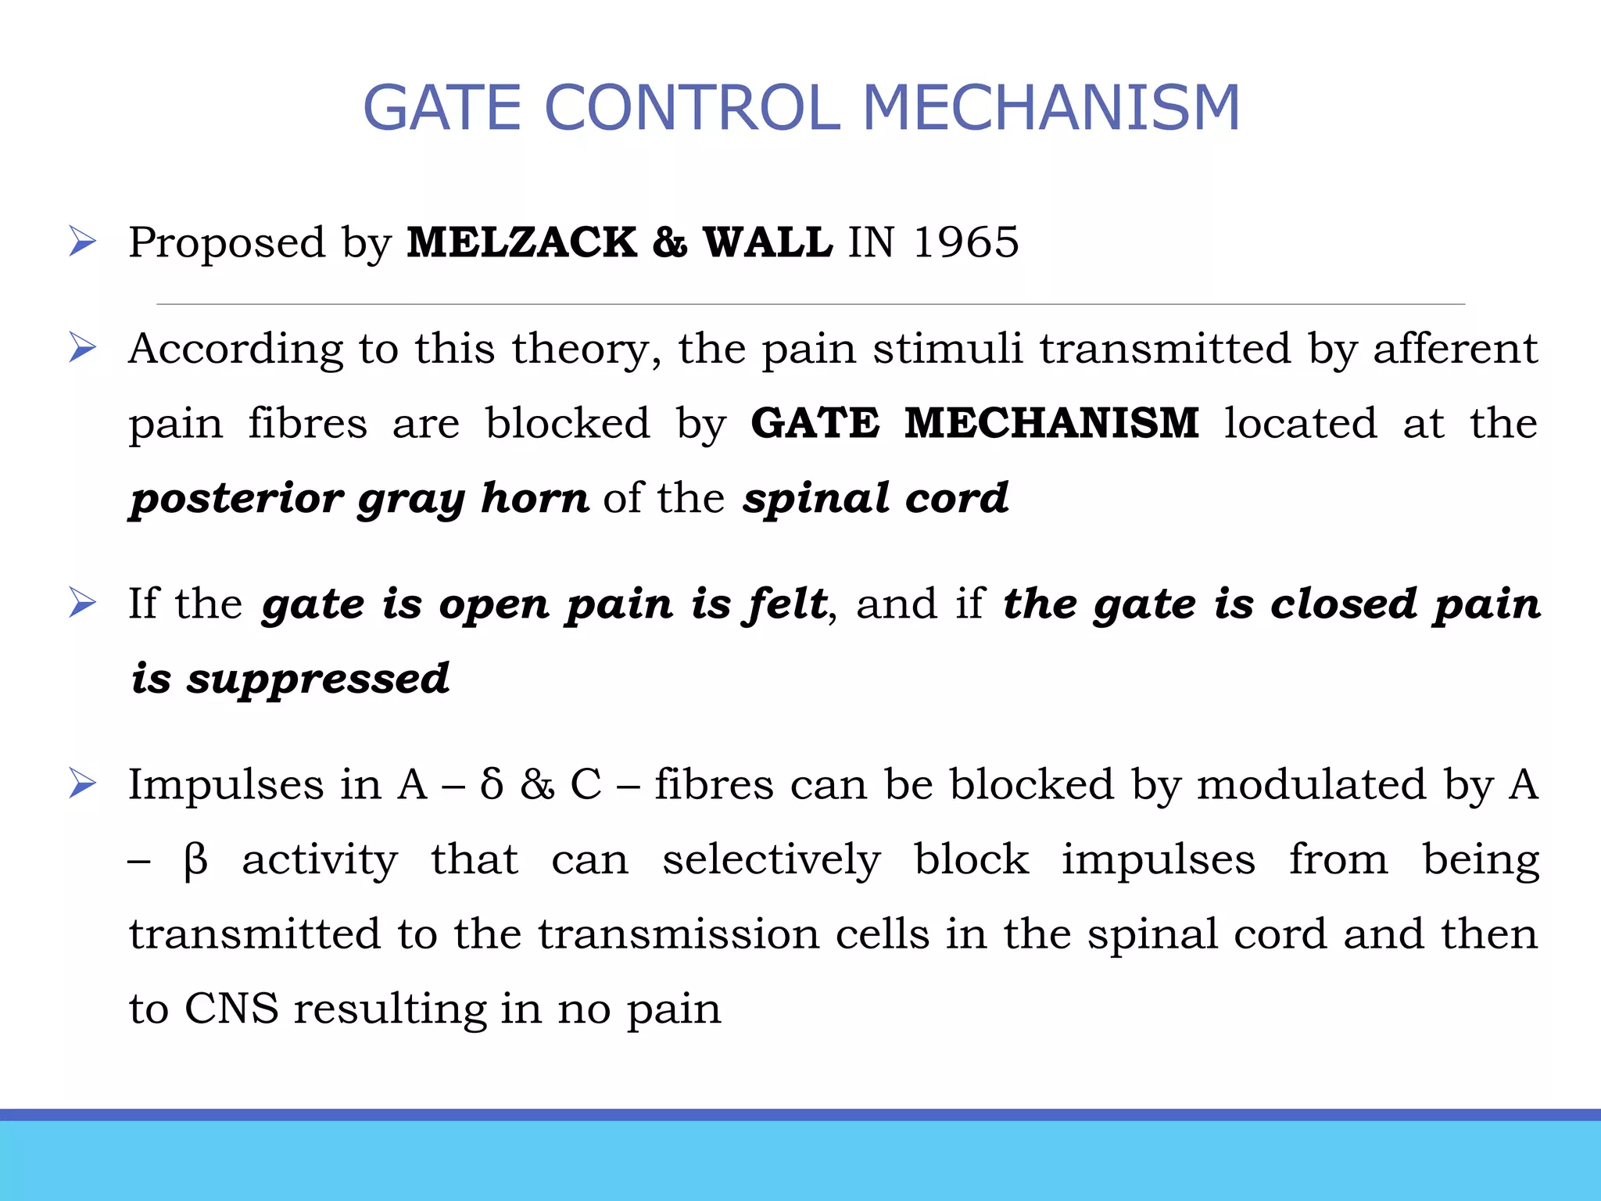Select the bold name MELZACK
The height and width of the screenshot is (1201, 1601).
tap(521, 242)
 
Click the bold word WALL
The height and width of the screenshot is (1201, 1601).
tap(768, 242)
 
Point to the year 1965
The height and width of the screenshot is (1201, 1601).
tap(965, 242)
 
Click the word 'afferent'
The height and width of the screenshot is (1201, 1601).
tap(1456, 348)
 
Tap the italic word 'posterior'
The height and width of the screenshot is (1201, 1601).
tap(237, 499)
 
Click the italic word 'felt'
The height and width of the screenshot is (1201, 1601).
tap(786, 604)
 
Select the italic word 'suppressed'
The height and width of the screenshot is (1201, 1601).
tap(317, 679)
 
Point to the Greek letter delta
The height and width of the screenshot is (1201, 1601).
tap(492, 784)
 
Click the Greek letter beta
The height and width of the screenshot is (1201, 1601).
tap(195, 860)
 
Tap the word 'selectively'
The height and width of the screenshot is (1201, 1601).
tap(772, 860)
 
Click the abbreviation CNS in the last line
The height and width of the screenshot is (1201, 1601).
tap(231, 1009)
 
